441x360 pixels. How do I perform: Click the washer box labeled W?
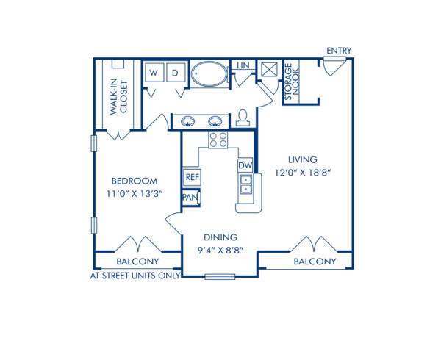[x=154, y=73]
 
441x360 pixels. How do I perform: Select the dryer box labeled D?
[x=176, y=73]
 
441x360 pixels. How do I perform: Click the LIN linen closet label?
[x=243, y=66]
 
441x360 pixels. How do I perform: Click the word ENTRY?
[x=339, y=51]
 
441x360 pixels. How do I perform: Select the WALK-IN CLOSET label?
[x=115, y=96]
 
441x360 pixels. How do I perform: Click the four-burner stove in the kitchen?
[x=218, y=140]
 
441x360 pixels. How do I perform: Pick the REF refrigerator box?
[x=192, y=177]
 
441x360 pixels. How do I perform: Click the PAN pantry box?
[x=190, y=198]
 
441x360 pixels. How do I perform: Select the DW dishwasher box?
[x=245, y=166]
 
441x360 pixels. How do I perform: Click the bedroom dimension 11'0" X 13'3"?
[x=135, y=194]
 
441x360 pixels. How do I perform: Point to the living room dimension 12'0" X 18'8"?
[x=302, y=173]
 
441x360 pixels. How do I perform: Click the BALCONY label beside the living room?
[x=315, y=262]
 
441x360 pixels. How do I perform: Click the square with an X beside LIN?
[x=269, y=71]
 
